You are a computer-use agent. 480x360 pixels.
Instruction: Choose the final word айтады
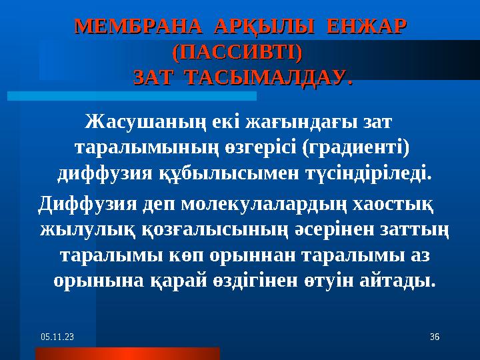399,280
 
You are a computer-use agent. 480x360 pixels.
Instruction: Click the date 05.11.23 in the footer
55,339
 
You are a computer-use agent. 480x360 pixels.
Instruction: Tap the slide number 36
434,339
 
